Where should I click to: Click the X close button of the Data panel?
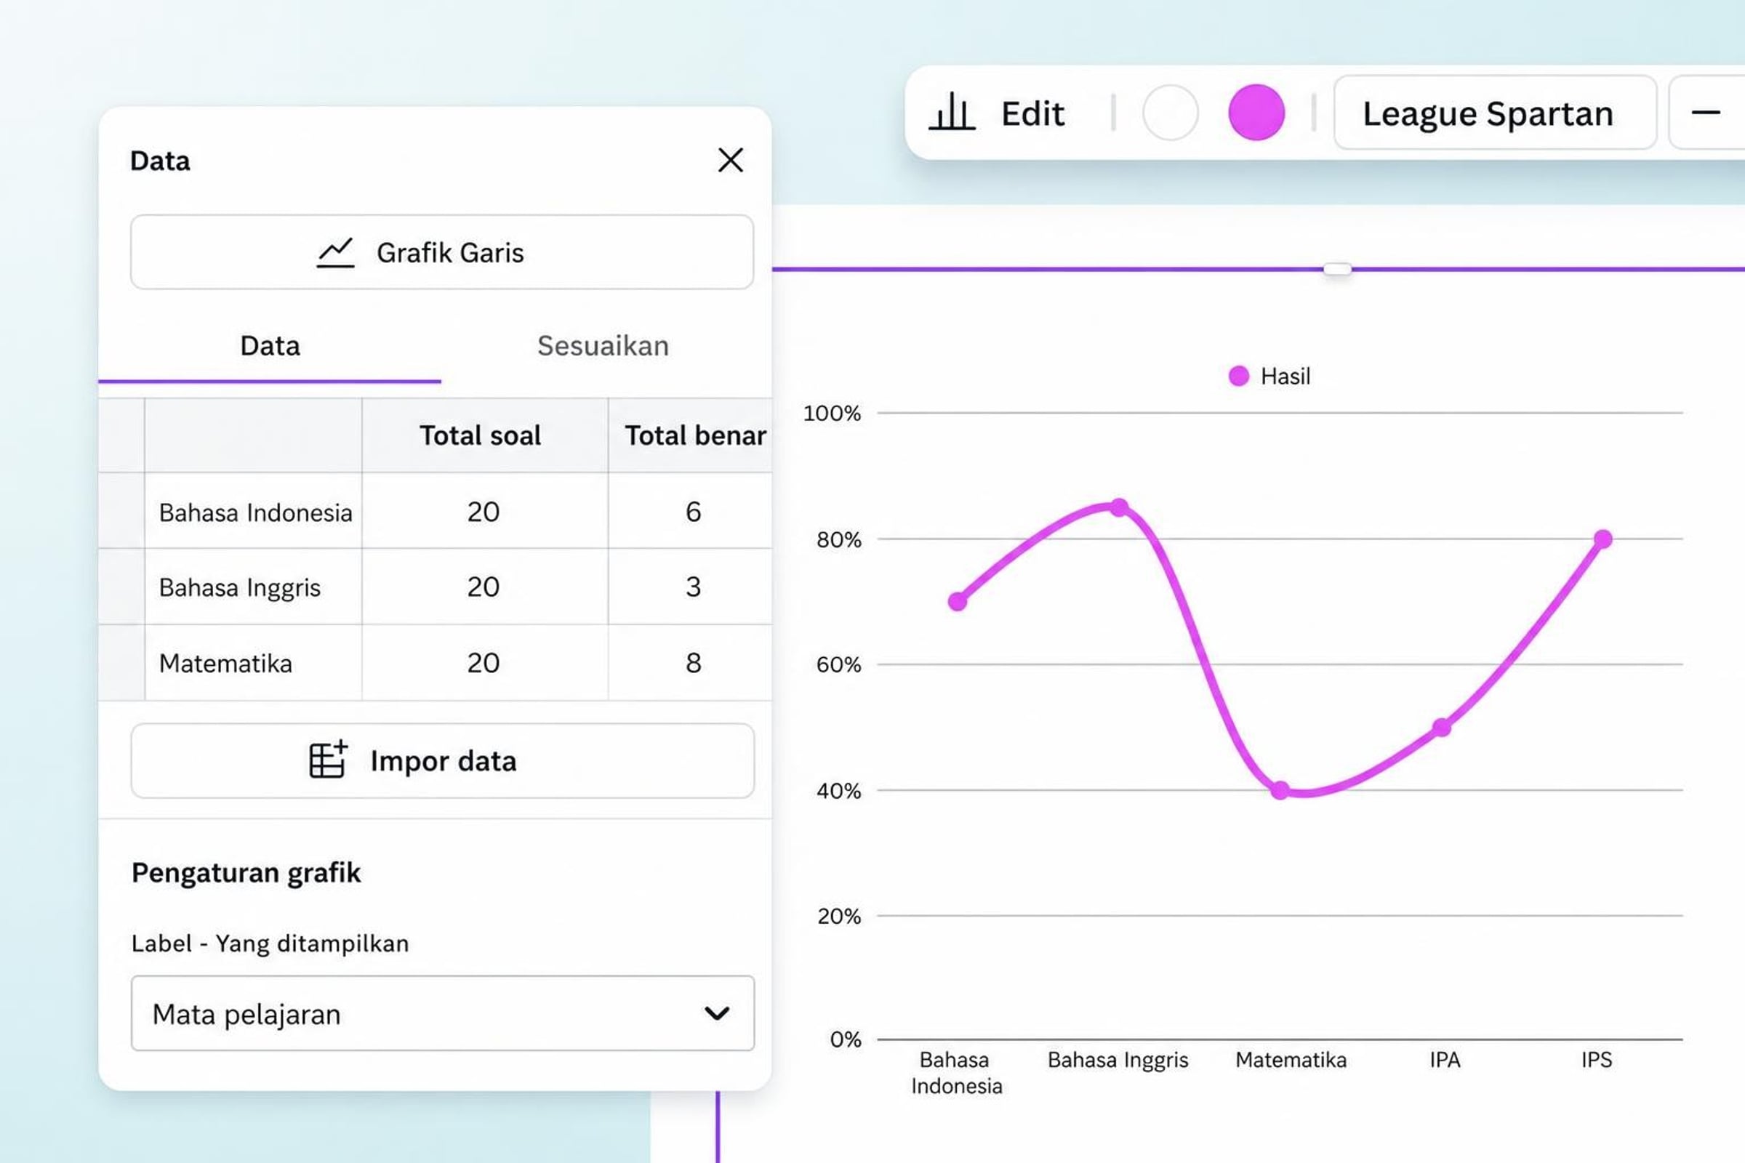coord(730,160)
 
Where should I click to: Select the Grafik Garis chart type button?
coord(442,252)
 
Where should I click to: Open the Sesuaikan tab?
coord(603,346)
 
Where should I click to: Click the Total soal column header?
coord(480,435)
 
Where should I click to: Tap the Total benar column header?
coord(695,435)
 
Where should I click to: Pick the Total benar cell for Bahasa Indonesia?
coord(693,512)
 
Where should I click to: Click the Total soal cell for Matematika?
coord(484,662)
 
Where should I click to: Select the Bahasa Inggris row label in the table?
coord(240,587)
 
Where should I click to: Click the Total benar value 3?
coord(693,587)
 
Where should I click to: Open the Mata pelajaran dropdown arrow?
coord(717,1013)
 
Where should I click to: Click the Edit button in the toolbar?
coord(997,113)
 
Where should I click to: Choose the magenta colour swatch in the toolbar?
coord(1256,112)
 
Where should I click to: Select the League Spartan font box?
coord(1495,113)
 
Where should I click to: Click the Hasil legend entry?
coord(1270,376)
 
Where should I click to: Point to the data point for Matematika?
coord(1280,791)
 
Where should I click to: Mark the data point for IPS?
coord(1602,539)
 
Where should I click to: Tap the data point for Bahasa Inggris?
coord(1119,507)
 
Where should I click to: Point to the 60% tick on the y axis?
coord(838,664)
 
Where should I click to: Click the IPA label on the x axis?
coord(1445,1060)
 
